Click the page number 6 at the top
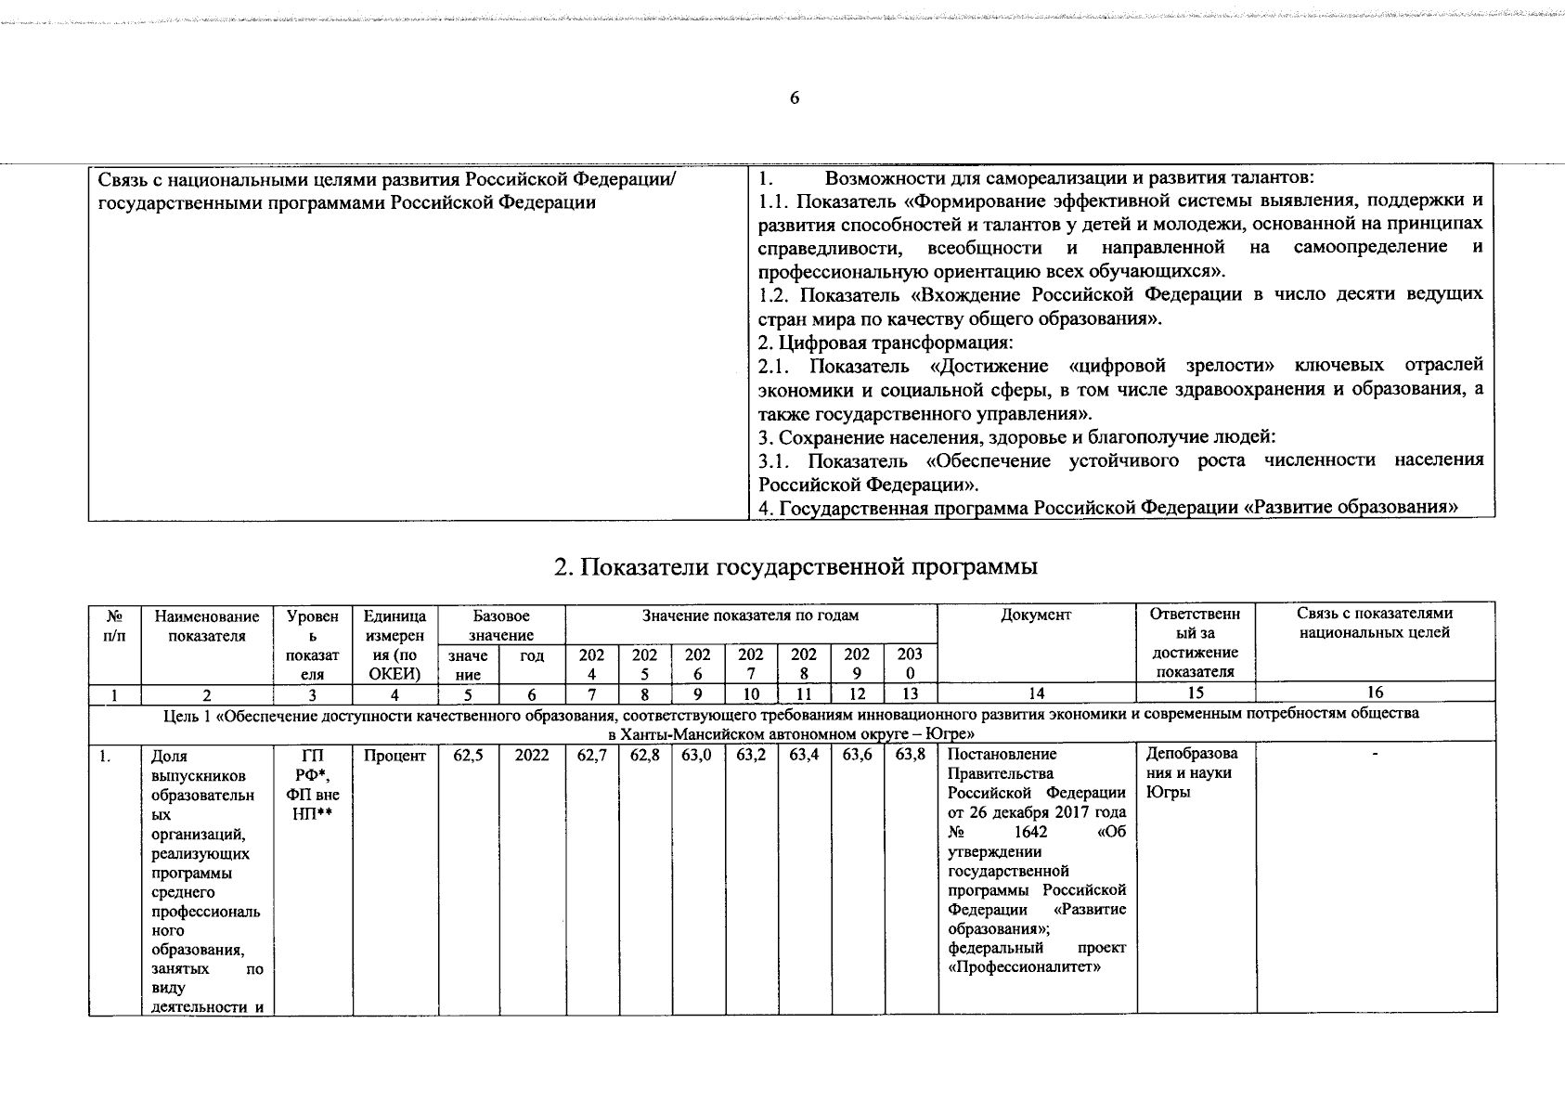794,99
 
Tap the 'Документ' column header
1036,615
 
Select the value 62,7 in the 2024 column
591,756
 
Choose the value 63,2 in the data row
751,756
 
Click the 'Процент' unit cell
394,756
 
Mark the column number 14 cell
1036,692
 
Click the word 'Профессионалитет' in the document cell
1026,967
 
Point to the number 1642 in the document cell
1031,832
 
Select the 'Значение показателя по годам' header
751,615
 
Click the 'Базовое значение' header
500,625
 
